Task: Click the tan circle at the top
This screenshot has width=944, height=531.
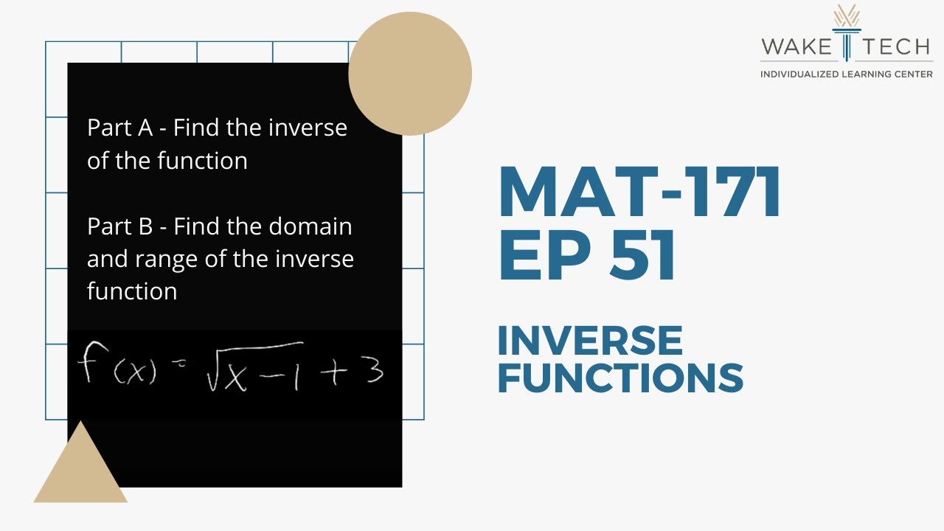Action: point(410,74)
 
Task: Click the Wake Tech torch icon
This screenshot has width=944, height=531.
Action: point(846,32)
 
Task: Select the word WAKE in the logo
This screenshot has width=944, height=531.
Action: point(796,48)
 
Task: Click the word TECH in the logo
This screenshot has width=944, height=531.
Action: point(895,48)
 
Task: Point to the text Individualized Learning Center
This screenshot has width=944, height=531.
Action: point(846,74)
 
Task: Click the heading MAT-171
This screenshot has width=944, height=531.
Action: point(639,193)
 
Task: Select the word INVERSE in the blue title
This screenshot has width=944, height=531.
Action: point(590,341)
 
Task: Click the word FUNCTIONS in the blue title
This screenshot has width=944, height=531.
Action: point(620,378)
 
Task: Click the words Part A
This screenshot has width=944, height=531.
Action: point(119,128)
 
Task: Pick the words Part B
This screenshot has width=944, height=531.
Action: point(119,226)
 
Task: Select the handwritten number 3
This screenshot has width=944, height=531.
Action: point(373,370)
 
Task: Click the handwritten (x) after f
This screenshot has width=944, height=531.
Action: point(135,373)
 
